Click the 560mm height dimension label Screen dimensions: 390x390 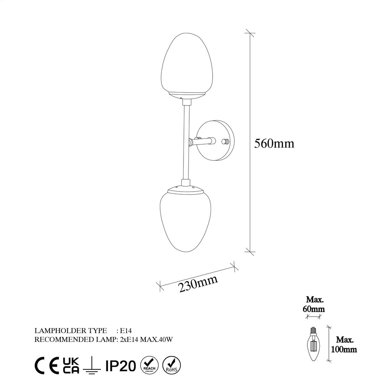[x=274, y=143]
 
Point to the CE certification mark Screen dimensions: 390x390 [x=46, y=366]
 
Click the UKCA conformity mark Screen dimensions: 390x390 [x=71, y=366]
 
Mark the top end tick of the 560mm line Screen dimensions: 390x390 [x=250, y=33]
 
